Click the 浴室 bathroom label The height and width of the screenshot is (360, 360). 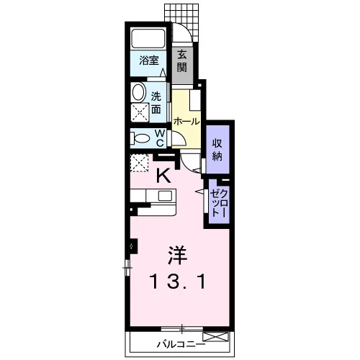(x=149, y=60)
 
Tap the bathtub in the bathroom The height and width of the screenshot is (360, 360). (x=148, y=38)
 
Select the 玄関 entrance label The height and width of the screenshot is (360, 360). (x=182, y=62)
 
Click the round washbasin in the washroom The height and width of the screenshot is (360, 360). (x=138, y=92)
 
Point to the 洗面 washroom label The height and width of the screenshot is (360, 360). (x=156, y=103)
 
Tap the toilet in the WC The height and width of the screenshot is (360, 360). (x=140, y=138)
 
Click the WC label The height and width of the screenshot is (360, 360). (x=160, y=138)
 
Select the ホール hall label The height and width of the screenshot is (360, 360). (x=186, y=122)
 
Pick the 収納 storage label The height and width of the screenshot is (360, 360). (x=217, y=150)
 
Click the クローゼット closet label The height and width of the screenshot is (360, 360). (x=218, y=203)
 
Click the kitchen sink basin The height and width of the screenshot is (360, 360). (x=165, y=196)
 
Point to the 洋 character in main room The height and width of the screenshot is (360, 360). (x=177, y=256)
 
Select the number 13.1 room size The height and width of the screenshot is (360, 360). (x=177, y=282)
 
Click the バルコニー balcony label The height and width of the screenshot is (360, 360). (x=181, y=345)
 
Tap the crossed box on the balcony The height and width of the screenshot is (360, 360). (x=215, y=336)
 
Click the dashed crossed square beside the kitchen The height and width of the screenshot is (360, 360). (x=139, y=163)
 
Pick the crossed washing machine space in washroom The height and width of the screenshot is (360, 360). (x=140, y=112)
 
